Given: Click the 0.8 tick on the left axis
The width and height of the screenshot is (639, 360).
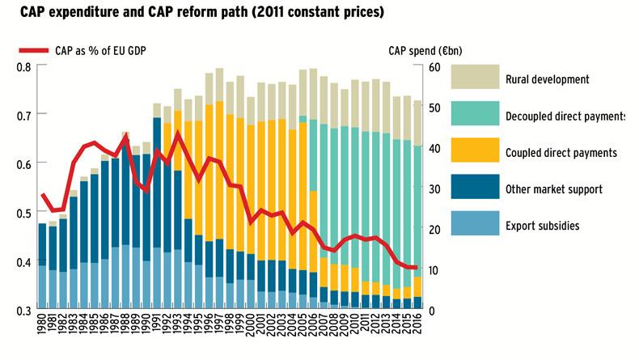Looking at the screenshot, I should point(24,66).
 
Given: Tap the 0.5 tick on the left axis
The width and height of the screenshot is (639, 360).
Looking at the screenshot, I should point(24,213).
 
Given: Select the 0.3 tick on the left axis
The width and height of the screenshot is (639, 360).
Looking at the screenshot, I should point(24,311).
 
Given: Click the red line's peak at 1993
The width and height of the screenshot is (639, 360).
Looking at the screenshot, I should point(178,133).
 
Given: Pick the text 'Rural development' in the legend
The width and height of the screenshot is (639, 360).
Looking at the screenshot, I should point(546,80).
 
